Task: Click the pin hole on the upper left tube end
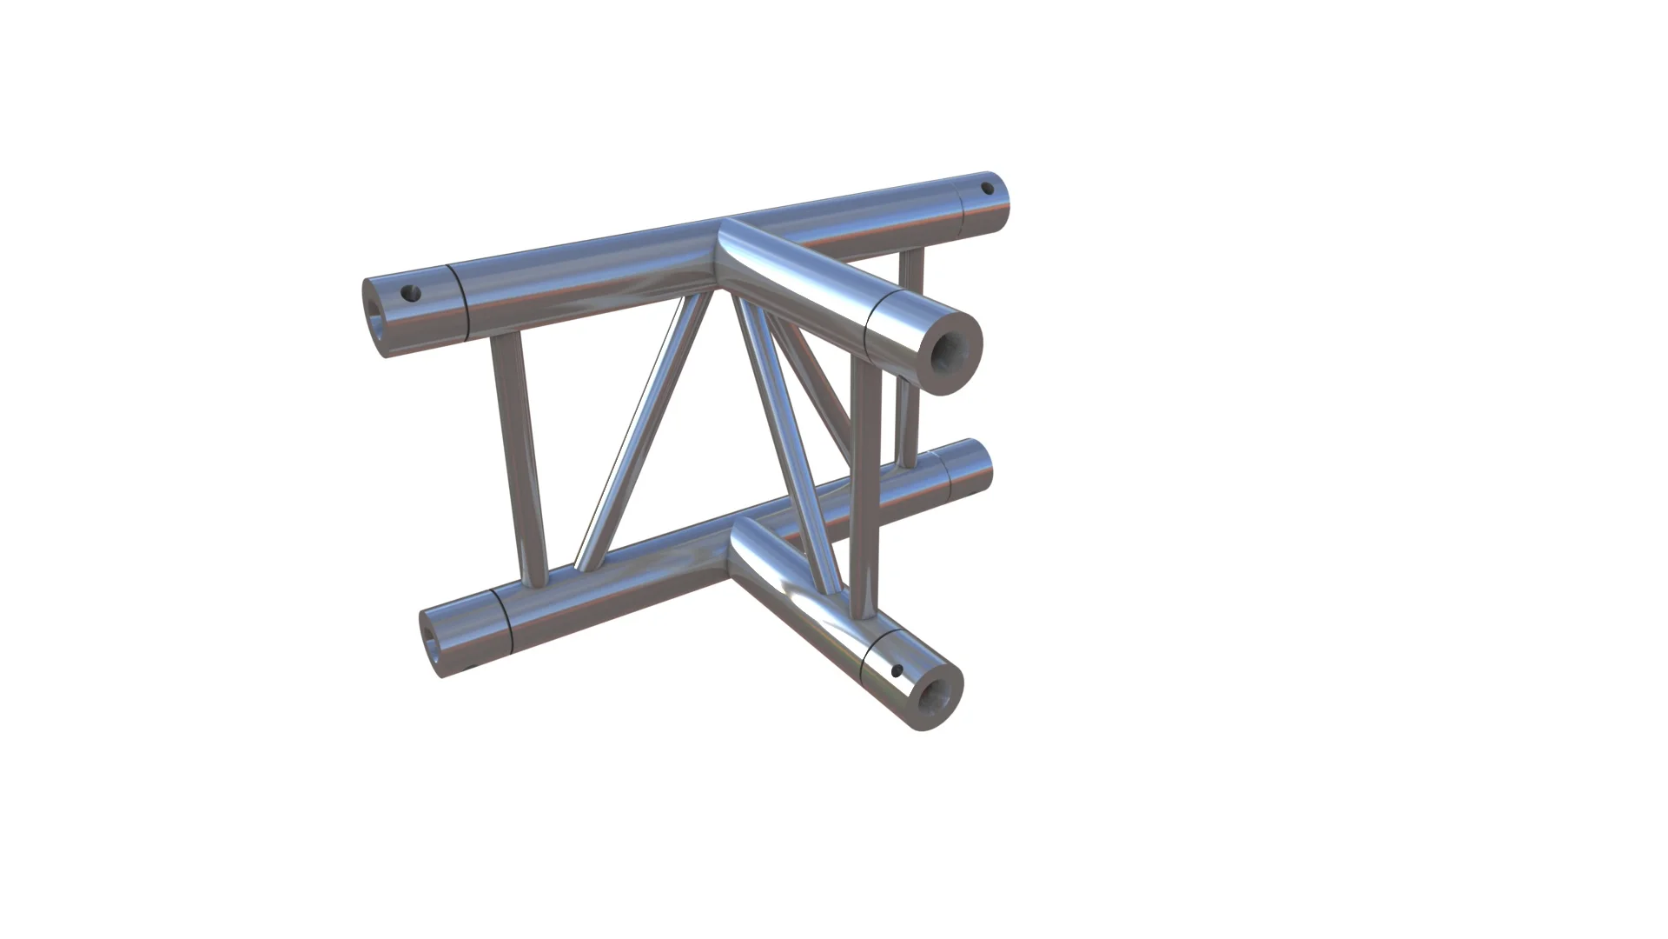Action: [x=412, y=294]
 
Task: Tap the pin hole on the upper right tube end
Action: [x=987, y=188]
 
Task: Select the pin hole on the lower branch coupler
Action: [x=897, y=671]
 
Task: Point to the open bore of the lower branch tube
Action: [x=937, y=696]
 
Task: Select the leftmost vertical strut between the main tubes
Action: [x=519, y=461]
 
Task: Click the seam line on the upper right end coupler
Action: [x=962, y=205]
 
